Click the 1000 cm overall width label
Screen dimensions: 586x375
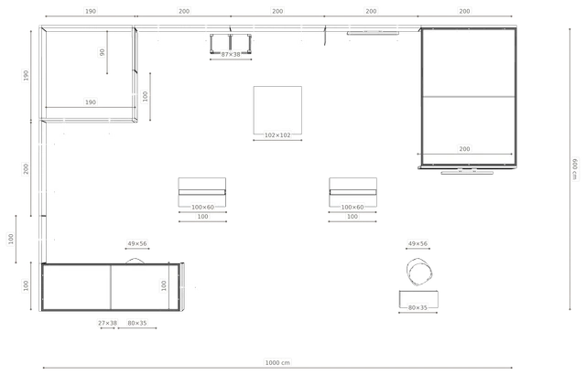[x=277, y=362]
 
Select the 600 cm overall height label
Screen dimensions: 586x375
[x=575, y=169]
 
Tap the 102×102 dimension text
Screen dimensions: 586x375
[x=277, y=135]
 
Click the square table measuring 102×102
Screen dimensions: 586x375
[x=277, y=110]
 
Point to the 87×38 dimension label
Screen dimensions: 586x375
[x=231, y=55]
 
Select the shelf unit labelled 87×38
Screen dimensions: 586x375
[x=231, y=44]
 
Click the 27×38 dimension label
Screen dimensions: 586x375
[x=108, y=323]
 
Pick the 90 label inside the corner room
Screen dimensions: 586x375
[x=103, y=52]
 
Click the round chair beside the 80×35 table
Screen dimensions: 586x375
[x=419, y=272]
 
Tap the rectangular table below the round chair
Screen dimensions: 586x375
[x=418, y=299]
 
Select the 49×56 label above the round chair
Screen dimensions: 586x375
[x=418, y=243]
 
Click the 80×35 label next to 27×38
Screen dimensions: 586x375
[x=137, y=323]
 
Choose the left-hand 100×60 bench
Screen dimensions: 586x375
[x=202, y=192]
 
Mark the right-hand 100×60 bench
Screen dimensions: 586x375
[x=353, y=192]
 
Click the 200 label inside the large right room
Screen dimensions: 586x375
[x=464, y=149]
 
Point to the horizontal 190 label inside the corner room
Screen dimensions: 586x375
[x=91, y=102]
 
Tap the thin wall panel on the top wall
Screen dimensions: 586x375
[x=373, y=33]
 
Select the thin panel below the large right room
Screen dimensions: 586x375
[x=467, y=172]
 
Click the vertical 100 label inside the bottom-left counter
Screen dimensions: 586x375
[x=164, y=285]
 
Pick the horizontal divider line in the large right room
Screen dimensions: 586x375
[x=469, y=97]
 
